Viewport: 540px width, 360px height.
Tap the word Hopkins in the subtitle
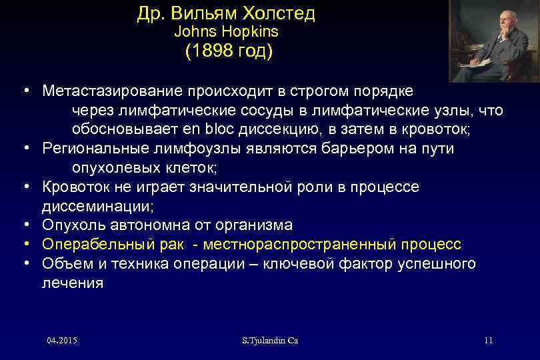pos(253,31)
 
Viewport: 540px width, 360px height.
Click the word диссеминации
pos(97,206)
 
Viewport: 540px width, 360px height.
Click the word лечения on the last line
pos(73,283)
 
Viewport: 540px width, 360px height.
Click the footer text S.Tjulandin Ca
pos(270,341)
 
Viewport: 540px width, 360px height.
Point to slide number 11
pos(488,341)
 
